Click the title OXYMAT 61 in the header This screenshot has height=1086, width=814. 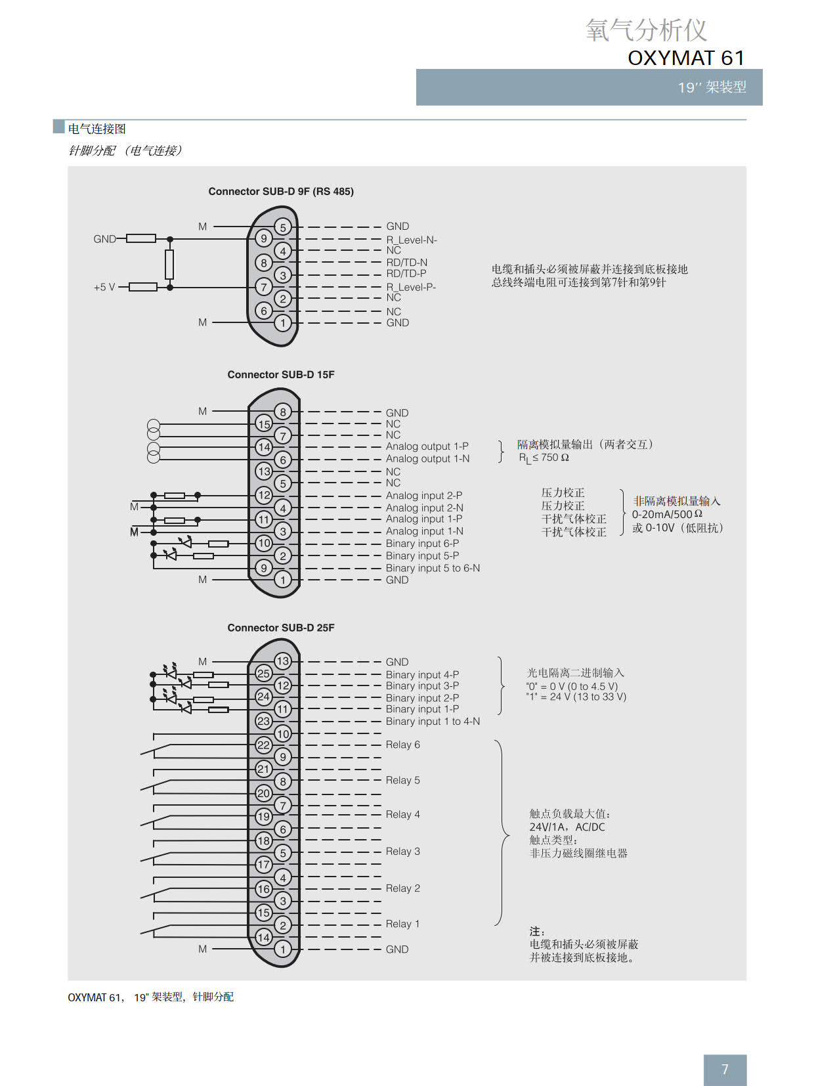click(686, 58)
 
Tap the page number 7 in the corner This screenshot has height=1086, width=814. click(725, 1070)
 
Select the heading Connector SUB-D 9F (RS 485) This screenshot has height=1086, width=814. click(281, 192)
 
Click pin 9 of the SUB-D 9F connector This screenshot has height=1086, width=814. click(264, 239)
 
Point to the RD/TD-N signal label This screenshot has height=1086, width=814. click(406, 263)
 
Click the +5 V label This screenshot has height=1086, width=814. click(104, 287)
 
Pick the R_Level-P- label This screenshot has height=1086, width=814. click(411, 287)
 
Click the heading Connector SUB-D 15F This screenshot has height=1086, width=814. click(281, 375)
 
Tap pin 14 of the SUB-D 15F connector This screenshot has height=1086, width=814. click(264, 447)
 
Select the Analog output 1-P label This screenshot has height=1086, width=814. click(427, 446)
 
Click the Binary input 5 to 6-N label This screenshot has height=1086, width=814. click(433, 568)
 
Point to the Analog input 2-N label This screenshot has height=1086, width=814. click(424, 508)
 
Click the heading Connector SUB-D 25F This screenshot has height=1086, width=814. click(281, 628)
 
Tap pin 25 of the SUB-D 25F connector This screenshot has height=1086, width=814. click(264, 673)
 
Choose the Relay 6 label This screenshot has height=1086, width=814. click(402, 745)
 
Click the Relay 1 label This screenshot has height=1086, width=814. click(402, 924)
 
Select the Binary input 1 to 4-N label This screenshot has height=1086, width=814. click(433, 722)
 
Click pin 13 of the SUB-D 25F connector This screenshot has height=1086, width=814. click(283, 661)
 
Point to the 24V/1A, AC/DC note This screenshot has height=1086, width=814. click(567, 827)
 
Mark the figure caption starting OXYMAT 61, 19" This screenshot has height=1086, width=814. click(150, 997)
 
